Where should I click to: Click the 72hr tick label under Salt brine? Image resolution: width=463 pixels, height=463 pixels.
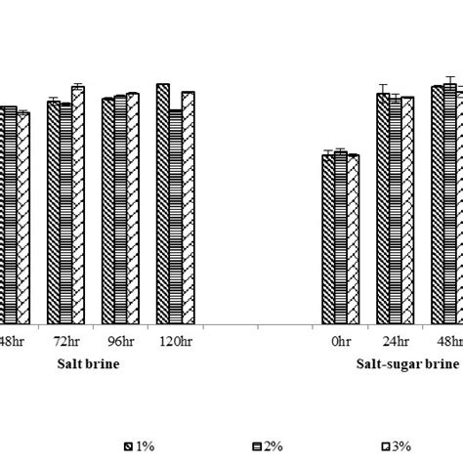[x=64, y=342]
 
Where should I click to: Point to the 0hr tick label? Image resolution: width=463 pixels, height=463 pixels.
[x=340, y=342]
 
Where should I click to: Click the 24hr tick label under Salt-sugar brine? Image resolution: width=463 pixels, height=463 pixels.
[x=395, y=342]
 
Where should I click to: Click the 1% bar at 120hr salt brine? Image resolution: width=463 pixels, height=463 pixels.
[x=162, y=205]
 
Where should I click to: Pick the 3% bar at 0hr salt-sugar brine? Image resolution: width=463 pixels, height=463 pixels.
[x=353, y=239]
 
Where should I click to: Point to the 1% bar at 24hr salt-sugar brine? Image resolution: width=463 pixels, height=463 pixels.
[x=383, y=210]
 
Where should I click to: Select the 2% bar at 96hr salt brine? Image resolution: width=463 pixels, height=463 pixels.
[x=120, y=211]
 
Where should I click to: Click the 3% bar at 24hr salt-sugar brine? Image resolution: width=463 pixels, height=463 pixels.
[x=407, y=211]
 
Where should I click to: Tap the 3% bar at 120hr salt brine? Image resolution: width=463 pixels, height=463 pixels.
[x=188, y=209]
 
